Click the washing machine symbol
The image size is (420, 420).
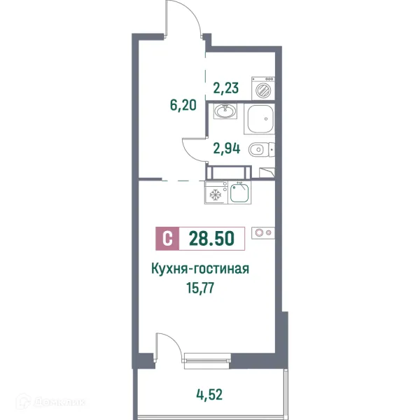(x=265, y=89)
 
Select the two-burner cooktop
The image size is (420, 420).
(x=265, y=232)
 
